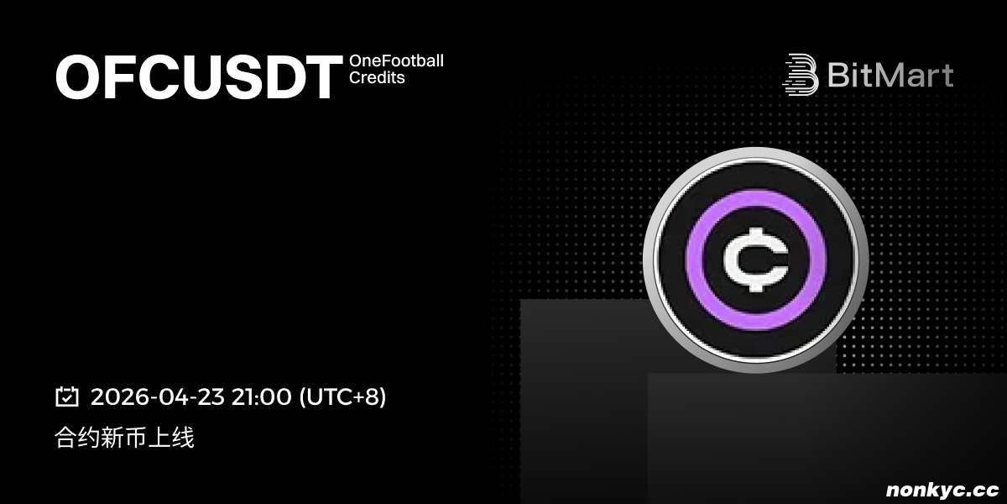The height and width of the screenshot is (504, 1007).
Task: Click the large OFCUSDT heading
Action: click(199, 77)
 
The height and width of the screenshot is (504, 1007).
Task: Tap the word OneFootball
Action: click(396, 60)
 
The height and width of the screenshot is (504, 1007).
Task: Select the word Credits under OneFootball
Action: click(377, 78)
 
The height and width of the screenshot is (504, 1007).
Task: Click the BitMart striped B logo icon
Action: click(801, 75)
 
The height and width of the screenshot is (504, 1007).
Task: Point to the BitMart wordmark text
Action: click(890, 75)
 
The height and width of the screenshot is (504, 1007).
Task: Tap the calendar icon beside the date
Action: click(67, 396)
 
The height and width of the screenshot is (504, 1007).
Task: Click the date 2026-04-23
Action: click(158, 396)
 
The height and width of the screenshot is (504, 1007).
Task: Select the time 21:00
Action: click(261, 396)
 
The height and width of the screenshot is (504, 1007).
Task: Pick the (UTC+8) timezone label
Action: click(342, 396)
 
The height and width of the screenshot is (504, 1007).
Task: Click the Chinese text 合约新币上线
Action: click(124, 438)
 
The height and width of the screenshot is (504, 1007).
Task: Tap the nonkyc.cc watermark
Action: click(942, 490)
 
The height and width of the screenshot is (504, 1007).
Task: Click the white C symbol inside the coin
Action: click(756, 260)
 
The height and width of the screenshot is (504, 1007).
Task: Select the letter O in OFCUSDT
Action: click(77, 77)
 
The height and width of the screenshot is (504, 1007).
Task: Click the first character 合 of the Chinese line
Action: click(65, 438)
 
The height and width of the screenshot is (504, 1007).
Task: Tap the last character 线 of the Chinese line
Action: click(183, 438)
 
